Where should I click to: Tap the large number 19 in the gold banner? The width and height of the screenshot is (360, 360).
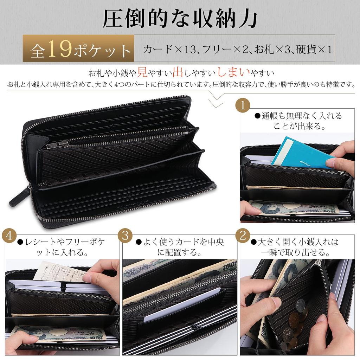pyautogui.click(x=60, y=49)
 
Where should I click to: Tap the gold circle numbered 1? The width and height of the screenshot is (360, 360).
pyautogui.click(x=242, y=105)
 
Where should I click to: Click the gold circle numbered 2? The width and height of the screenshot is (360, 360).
pyautogui.click(x=242, y=236)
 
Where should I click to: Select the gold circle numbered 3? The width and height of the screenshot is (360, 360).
pyautogui.click(x=125, y=236)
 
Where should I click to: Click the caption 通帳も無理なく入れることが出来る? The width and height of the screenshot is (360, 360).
pyautogui.click(x=301, y=121)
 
